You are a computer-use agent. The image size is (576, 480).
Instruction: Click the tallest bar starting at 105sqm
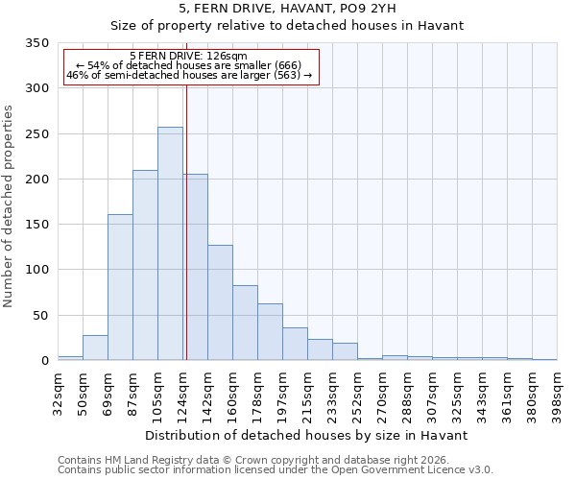(170, 244)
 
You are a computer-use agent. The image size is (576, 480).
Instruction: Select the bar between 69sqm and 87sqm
(120, 287)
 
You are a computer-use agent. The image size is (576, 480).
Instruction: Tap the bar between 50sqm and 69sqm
(95, 348)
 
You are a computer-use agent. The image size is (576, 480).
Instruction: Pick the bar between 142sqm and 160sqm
(220, 302)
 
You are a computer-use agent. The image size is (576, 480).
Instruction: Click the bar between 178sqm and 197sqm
(270, 332)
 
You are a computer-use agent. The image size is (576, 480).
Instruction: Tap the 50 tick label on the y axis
(40, 316)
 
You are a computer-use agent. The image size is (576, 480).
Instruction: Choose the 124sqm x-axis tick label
(183, 392)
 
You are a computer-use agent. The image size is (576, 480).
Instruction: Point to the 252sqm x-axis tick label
(358, 392)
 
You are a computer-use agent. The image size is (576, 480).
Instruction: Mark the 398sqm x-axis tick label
(558, 392)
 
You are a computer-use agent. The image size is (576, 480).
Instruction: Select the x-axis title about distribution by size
(307, 435)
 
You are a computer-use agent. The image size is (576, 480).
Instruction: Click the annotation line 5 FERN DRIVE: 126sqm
(188, 57)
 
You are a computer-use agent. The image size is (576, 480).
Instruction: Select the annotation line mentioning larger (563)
(188, 75)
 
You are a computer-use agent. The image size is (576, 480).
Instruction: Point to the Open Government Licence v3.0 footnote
(276, 469)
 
